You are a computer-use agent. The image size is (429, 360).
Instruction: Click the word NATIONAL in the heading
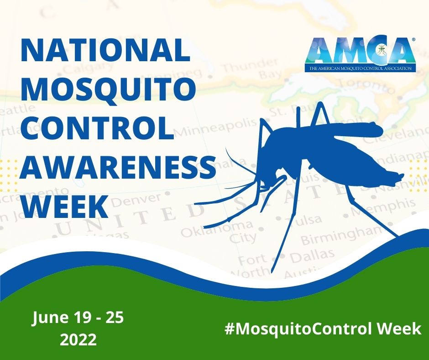105,51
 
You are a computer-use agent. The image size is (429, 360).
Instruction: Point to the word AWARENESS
118,166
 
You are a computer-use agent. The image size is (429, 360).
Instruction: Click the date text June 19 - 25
78,318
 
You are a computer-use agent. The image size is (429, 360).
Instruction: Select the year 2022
78,339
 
